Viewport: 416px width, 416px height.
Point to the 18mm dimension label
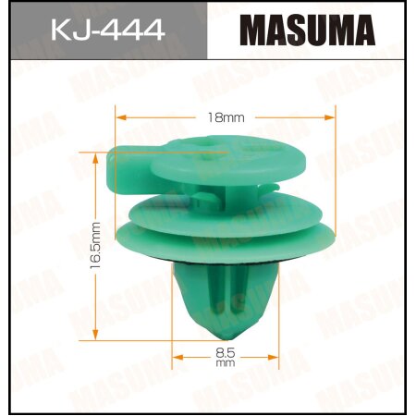[x=223, y=117]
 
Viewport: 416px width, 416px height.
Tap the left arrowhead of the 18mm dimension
[x=118, y=117]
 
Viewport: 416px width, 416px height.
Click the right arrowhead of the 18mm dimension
[x=329, y=117]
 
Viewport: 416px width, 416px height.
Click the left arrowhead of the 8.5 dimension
[x=177, y=352]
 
